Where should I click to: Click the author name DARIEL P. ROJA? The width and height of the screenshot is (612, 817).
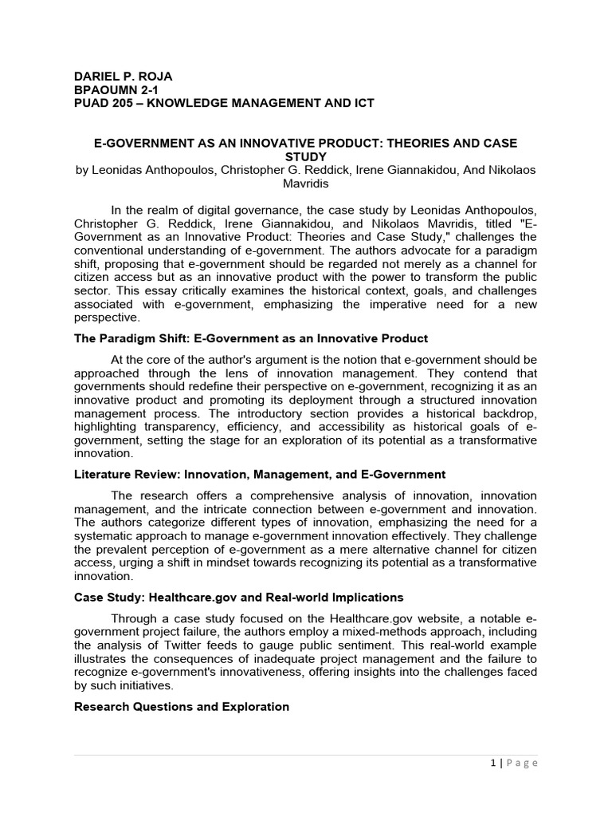123,77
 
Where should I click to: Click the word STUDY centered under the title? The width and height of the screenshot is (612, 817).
306,156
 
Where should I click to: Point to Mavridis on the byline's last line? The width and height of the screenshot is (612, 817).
306,183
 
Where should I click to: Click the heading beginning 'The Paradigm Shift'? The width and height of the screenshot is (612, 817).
250,338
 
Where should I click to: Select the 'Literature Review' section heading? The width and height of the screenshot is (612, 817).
259,475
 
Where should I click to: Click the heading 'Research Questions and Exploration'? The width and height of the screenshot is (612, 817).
181,707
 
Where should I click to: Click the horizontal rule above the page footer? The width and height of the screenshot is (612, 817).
306,755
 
